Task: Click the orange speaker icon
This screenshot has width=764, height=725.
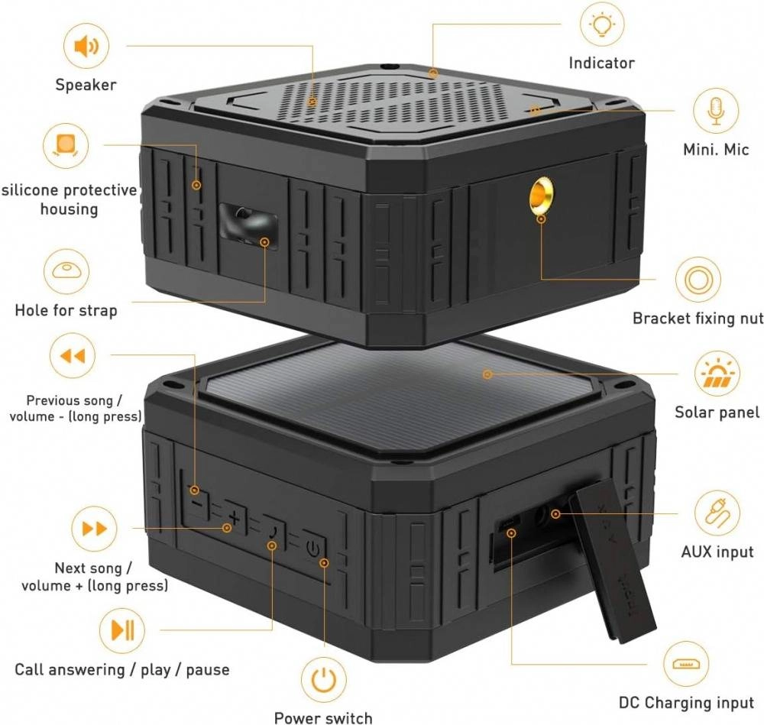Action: [86, 47]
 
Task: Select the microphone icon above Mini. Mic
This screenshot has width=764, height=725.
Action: [716, 112]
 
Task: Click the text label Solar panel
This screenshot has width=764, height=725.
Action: [717, 413]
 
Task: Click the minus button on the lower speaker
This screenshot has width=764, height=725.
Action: [197, 503]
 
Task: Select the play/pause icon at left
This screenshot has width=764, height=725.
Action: [122, 630]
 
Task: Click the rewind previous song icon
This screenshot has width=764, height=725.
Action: [72, 356]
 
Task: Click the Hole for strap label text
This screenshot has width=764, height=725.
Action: [66, 310]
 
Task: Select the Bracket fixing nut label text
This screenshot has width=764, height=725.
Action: [697, 318]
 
